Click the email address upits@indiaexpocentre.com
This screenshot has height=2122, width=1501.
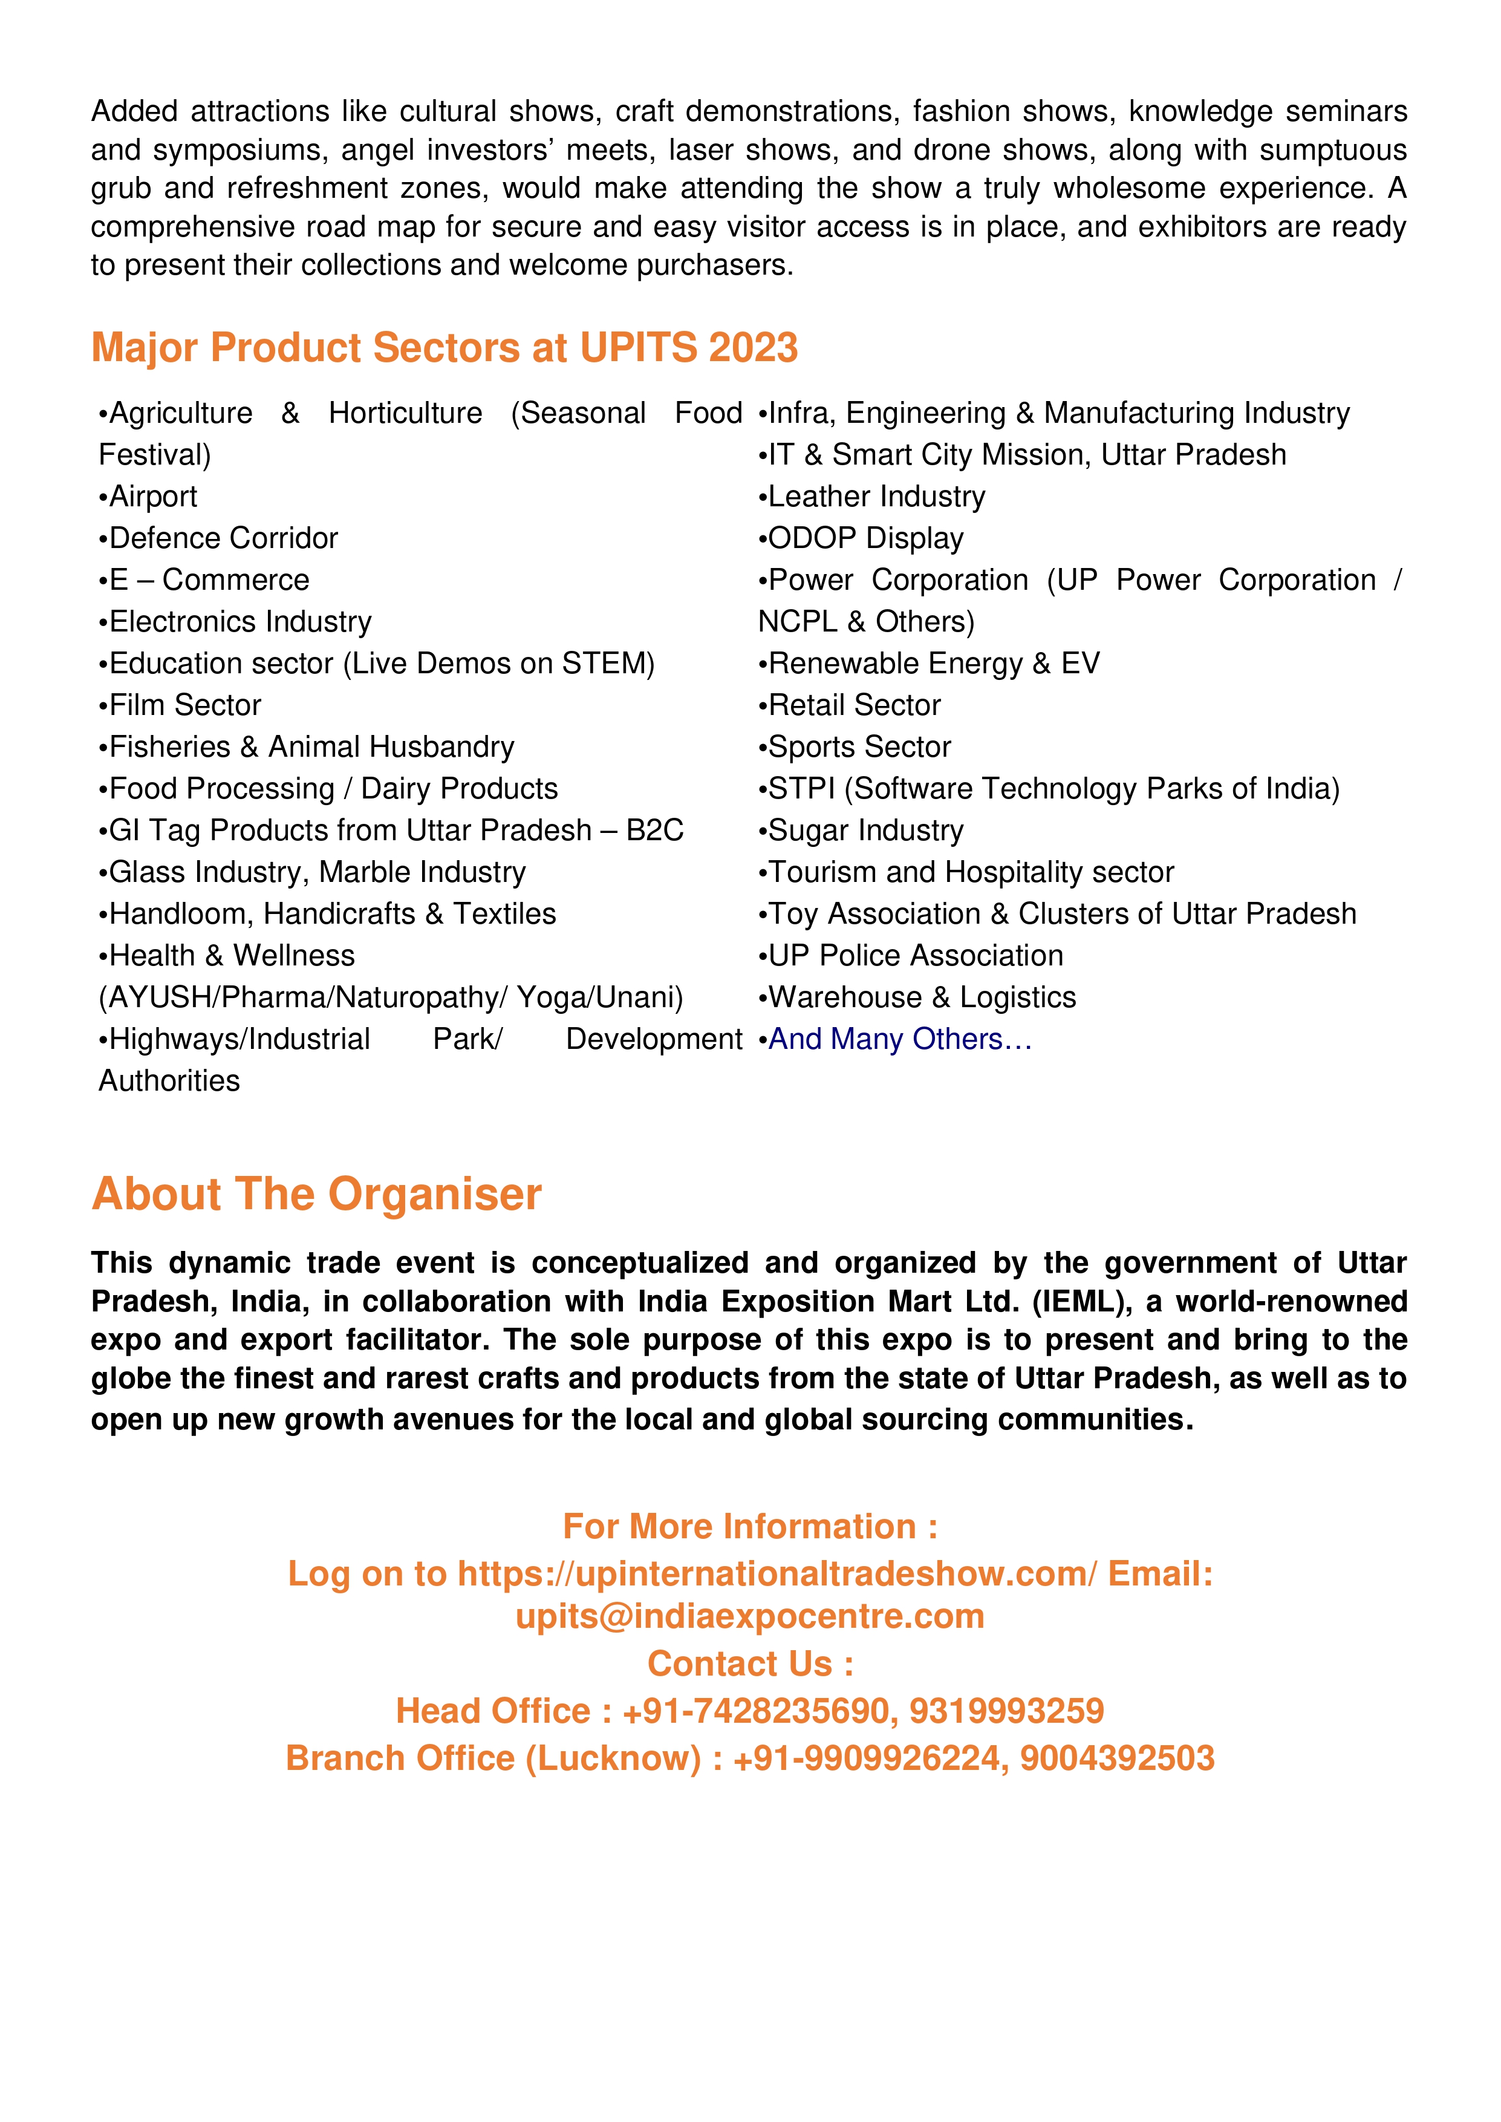tap(749, 1616)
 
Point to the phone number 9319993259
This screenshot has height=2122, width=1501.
tap(1006, 1711)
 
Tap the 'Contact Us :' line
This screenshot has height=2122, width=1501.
tap(749, 1663)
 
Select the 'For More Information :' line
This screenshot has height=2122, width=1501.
tap(749, 1527)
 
